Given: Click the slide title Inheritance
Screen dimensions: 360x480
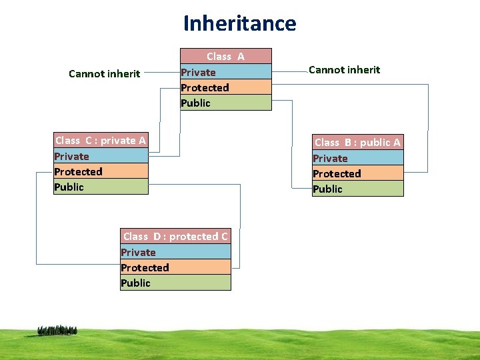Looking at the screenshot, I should click(239, 23).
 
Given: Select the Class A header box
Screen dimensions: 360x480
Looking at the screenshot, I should click(225, 57).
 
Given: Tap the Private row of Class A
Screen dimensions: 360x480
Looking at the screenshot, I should click(225, 72).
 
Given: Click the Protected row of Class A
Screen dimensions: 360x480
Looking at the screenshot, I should click(225, 87).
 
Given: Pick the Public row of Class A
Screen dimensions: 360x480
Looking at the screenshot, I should click(225, 103).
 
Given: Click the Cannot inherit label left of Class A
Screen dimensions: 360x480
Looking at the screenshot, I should click(104, 73).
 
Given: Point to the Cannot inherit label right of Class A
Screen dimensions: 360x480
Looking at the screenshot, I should click(345, 70).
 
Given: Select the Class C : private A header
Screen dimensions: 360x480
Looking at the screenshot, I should click(101, 141).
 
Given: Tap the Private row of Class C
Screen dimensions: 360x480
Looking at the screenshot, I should click(101, 156).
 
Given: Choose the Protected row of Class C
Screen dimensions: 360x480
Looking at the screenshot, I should click(101, 171).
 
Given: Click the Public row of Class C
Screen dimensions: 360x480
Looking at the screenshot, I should click(101, 187).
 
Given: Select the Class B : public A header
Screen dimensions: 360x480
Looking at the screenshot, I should click(358, 142).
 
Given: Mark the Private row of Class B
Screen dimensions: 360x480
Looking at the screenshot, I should click(358, 158).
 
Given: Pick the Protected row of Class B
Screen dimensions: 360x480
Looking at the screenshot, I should click(358, 173).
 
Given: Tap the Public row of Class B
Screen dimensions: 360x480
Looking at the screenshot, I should click(358, 189).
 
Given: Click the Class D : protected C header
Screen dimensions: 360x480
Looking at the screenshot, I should click(175, 237).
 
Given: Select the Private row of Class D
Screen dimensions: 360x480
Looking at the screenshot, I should click(175, 252).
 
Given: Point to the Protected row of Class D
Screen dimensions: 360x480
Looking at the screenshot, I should click(175, 267).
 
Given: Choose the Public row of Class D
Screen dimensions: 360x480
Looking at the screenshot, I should click(175, 283).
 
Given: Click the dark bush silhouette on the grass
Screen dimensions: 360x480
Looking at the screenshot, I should click(57, 330).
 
